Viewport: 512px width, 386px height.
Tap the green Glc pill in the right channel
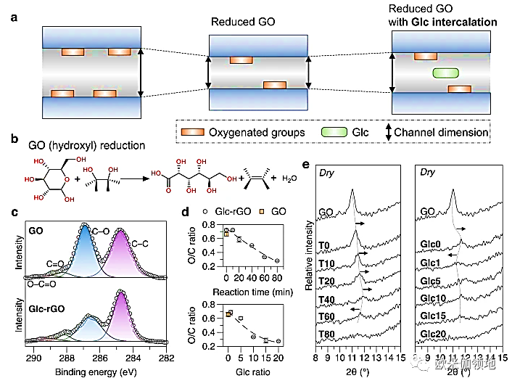tap(446, 73)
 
